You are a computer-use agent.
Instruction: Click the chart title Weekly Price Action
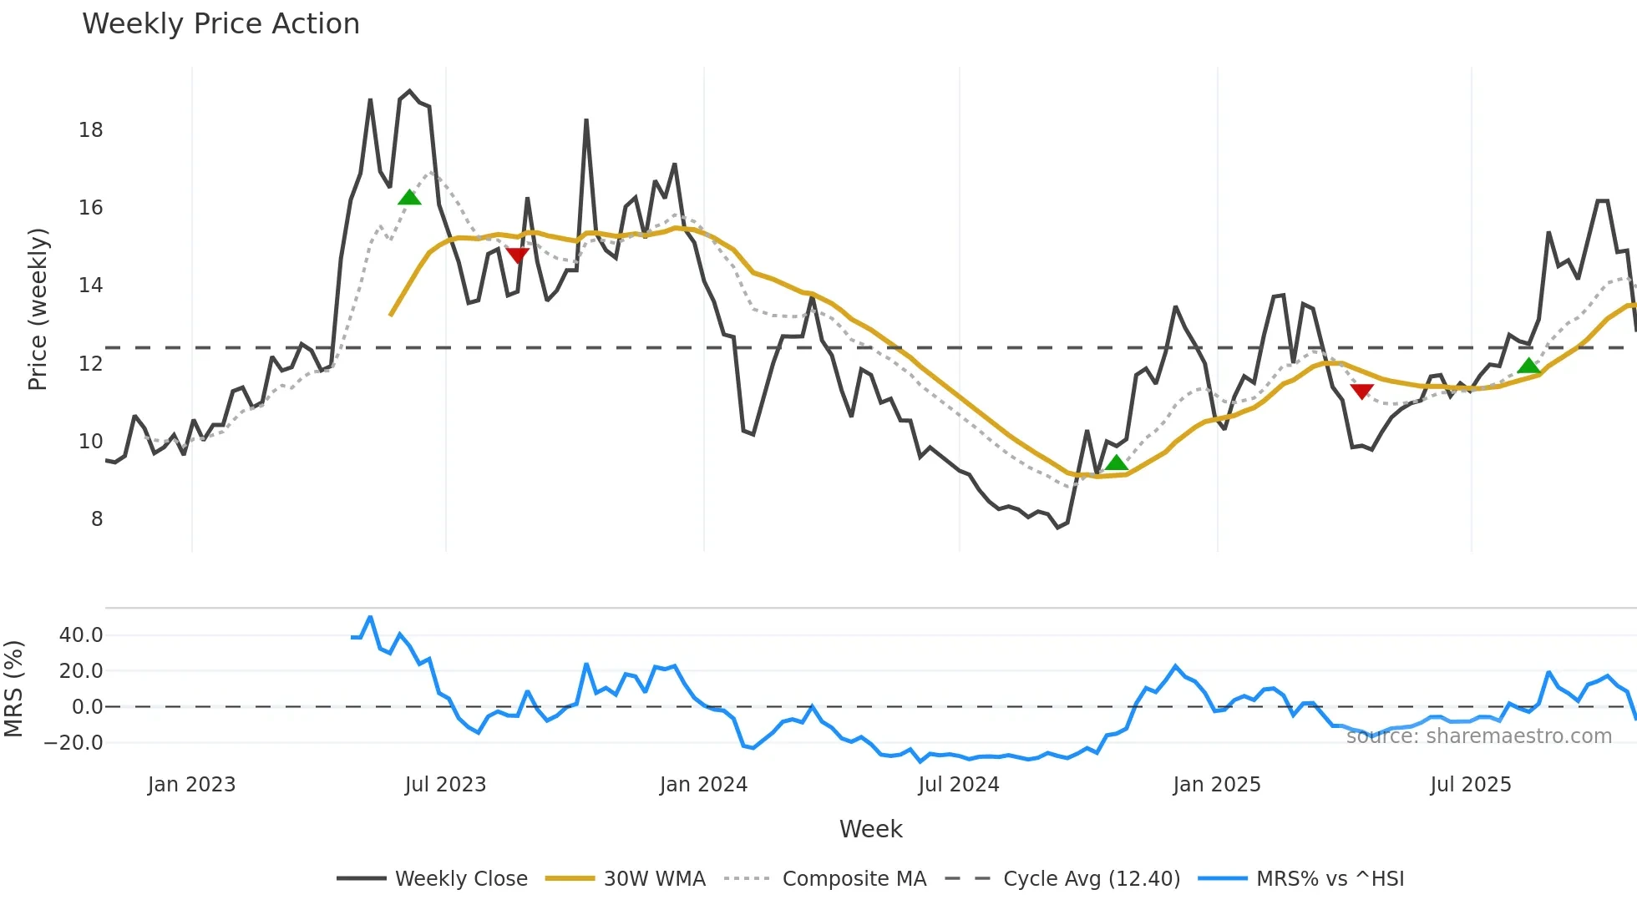[220, 24]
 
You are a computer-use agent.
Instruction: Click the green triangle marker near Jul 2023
[409, 198]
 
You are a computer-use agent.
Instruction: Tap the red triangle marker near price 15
[517, 255]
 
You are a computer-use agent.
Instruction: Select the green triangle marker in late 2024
[1116, 463]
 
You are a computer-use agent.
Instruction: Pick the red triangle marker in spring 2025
[1361, 391]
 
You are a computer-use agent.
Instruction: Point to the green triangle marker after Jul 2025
[1528, 366]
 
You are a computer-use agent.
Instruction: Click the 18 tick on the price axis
[91, 130]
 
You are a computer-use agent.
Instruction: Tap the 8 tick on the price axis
[97, 519]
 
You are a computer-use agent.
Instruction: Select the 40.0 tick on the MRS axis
[81, 635]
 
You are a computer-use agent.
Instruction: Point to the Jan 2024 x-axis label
[703, 785]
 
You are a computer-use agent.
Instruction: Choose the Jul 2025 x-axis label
[1470, 785]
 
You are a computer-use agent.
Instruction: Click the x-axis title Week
[870, 829]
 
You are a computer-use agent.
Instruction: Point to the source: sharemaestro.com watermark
[1478, 736]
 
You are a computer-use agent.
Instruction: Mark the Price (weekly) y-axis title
[38, 309]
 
